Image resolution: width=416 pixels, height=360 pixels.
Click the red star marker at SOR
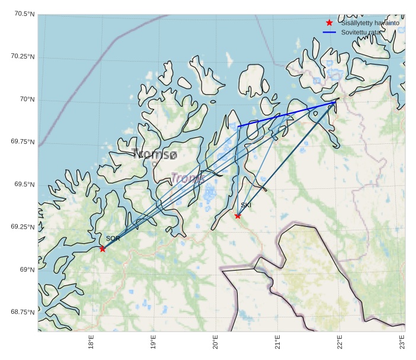pyautogui.click(x=103, y=249)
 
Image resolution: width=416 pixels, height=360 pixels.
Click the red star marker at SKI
pyautogui.click(x=238, y=216)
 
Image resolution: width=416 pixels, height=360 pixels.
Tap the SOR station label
pyautogui.click(x=113, y=239)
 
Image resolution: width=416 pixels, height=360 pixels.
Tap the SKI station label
pyautogui.click(x=246, y=205)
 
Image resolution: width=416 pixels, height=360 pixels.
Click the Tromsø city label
pyautogui.click(x=155, y=155)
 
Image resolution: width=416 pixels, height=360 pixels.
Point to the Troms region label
pyautogui.click(x=188, y=178)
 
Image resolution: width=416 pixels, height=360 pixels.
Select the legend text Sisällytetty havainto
pyautogui.click(x=370, y=22)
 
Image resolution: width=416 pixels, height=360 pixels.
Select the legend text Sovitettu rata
pyautogui.click(x=360, y=32)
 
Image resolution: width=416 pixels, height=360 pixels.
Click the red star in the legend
pyautogui.click(x=329, y=22)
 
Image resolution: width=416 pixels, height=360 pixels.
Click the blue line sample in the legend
pyautogui.click(x=329, y=32)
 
